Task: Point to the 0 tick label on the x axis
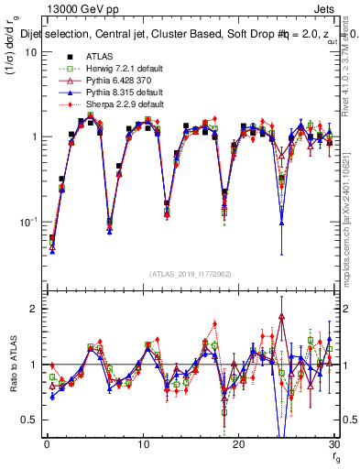point(47,444)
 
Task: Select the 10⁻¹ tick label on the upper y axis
point(28,222)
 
